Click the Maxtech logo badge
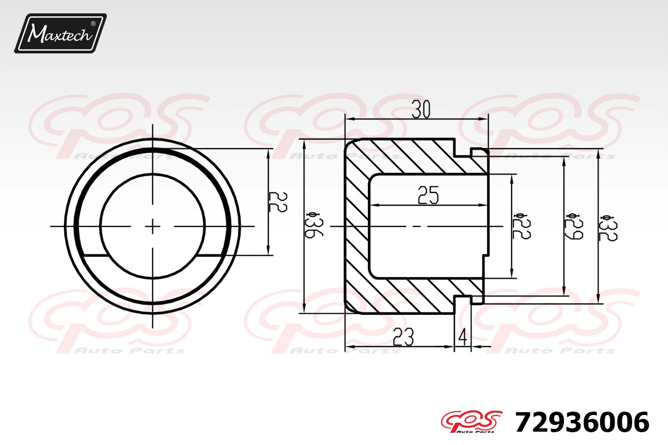pyautogui.click(x=60, y=33)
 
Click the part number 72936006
pyautogui.click(x=582, y=422)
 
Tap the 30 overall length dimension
pyautogui.click(x=421, y=109)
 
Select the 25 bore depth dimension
pyautogui.click(x=428, y=195)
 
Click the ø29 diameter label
pyautogui.click(x=574, y=226)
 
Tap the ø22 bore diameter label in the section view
pyautogui.click(x=522, y=226)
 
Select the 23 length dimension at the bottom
pyautogui.click(x=403, y=337)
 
